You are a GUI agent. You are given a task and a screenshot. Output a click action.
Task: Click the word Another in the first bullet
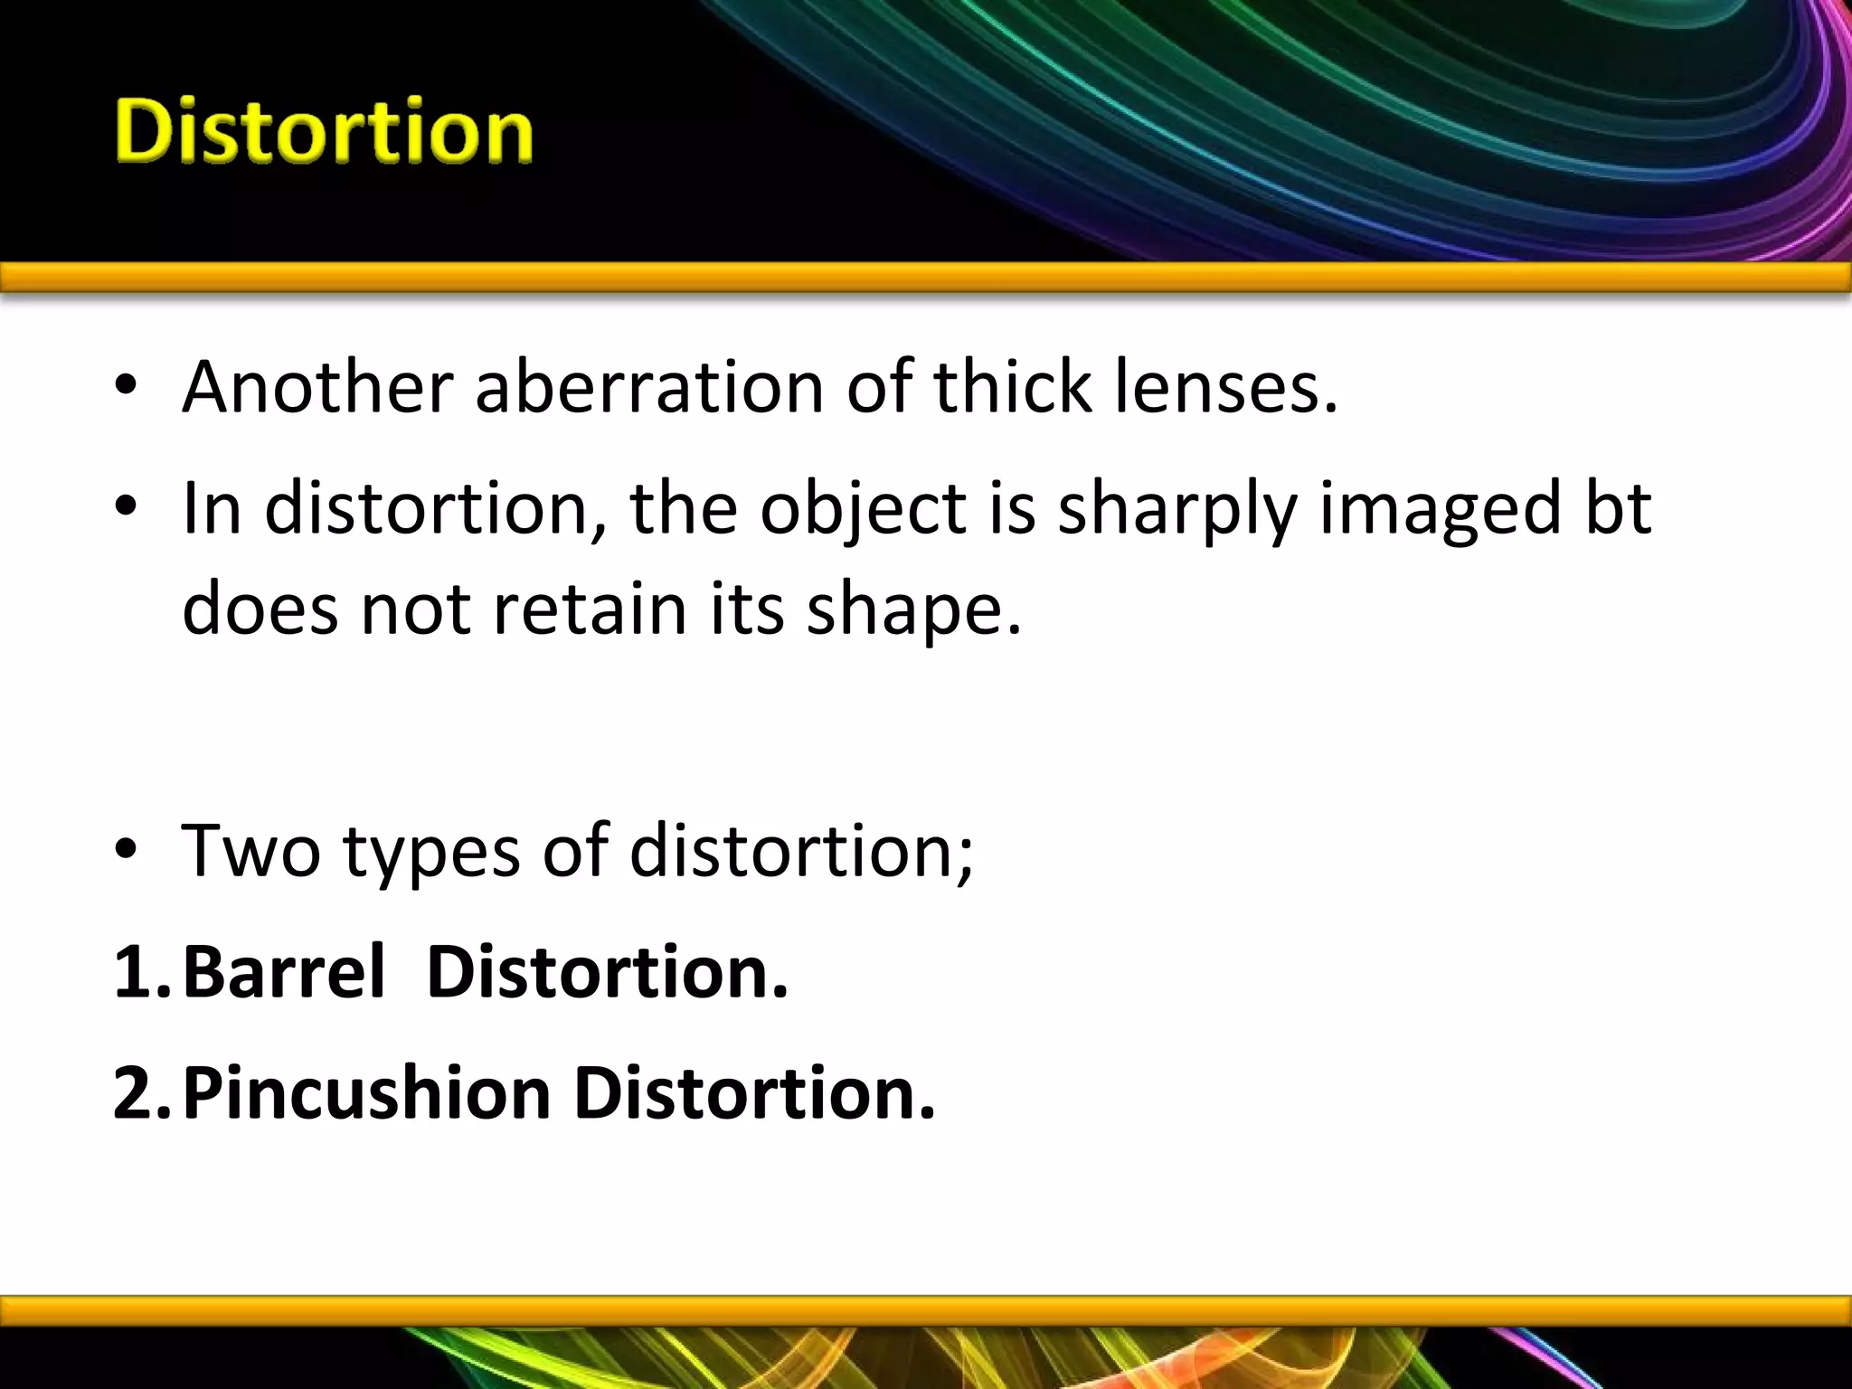(x=317, y=387)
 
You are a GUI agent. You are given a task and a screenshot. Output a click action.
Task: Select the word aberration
(x=648, y=387)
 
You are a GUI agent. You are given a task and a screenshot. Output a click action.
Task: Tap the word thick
(x=1012, y=387)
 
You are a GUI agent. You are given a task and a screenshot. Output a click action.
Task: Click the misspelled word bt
(x=1618, y=508)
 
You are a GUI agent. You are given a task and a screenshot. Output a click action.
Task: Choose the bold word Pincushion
(x=366, y=1093)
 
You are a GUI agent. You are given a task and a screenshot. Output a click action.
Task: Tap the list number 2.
(x=136, y=1093)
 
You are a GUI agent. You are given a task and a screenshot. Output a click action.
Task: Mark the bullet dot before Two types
(x=126, y=853)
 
